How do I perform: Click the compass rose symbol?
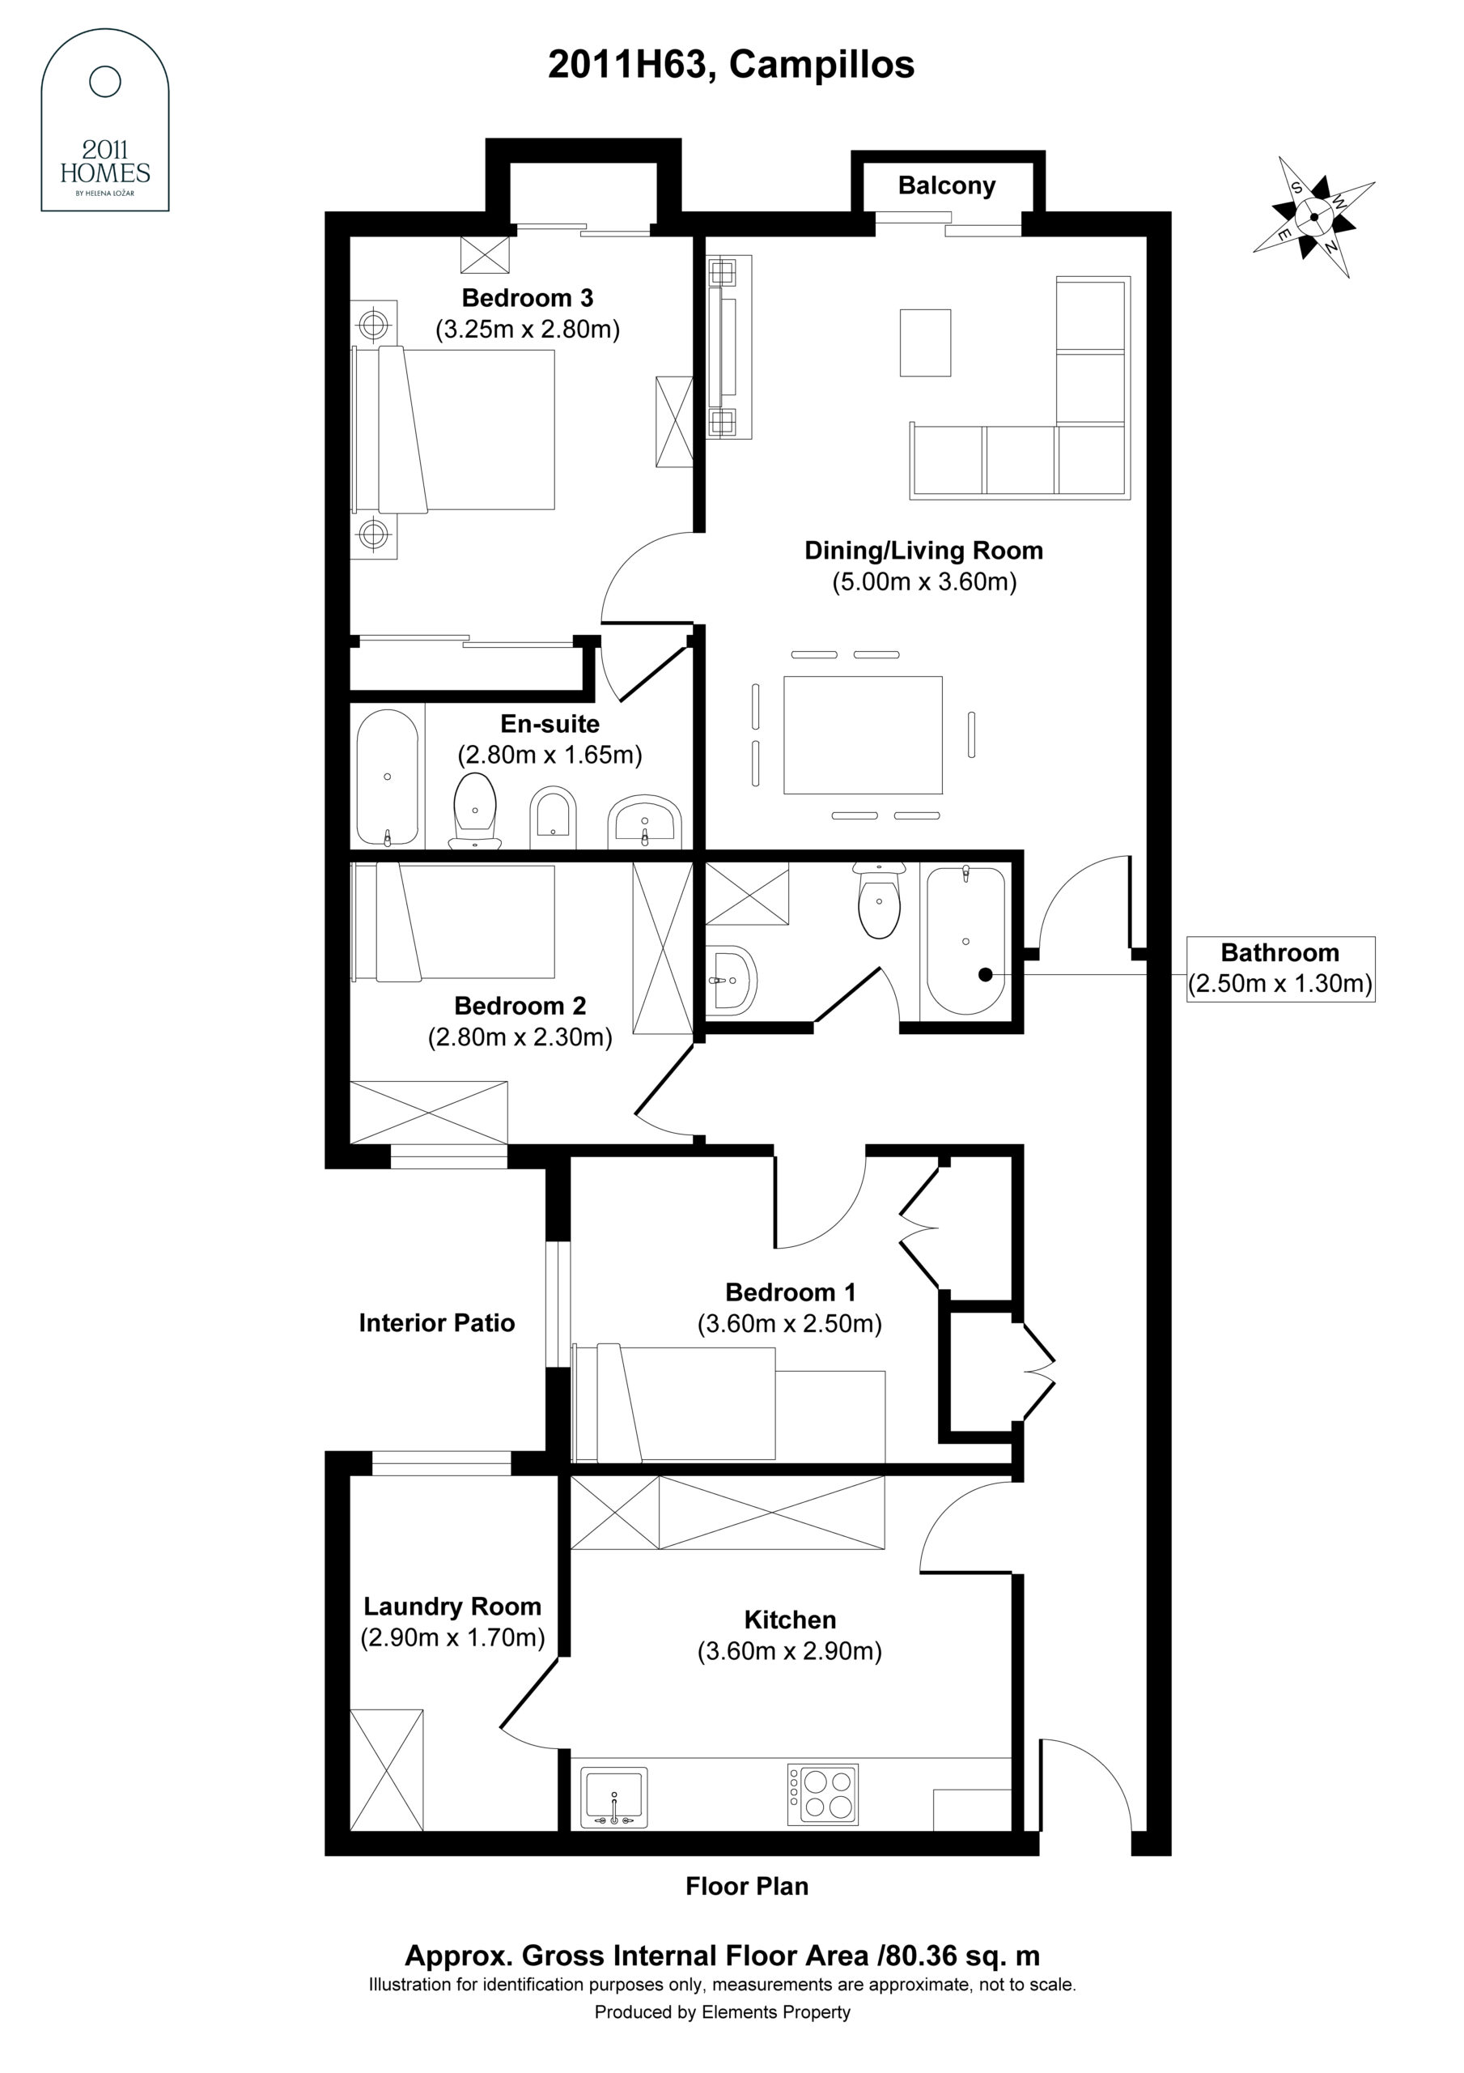[1313, 217]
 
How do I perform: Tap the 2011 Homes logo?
[104, 120]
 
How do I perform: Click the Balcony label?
[947, 185]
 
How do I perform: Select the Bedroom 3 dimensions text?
[528, 329]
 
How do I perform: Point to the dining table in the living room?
[863, 735]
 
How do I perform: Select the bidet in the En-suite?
[553, 819]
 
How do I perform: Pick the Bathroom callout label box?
[1279, 968]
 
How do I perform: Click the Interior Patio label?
[437, 1322]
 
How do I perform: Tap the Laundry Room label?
[452, 1607]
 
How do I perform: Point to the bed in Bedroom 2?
[453, 922]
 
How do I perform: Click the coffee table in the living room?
[925, 343]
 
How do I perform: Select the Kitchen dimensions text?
[790, 1650]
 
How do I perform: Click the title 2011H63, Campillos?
[731, 65]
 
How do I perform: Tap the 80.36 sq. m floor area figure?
[962, 1956]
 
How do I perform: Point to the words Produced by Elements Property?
[722, 2011]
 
